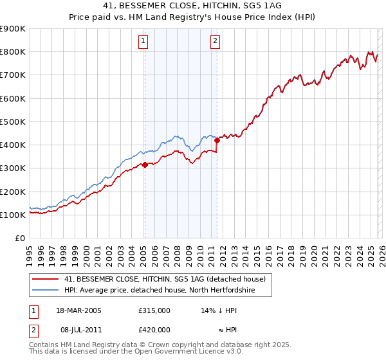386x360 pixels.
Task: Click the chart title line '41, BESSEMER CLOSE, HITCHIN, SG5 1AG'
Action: click(192, 6)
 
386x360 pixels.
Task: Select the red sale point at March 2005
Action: click(145, 165)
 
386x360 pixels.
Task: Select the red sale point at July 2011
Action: click(217, 140)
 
